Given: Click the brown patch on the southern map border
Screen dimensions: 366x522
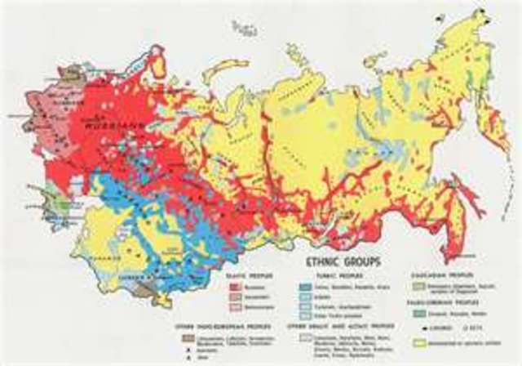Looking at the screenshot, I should [x=143, y=289].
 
